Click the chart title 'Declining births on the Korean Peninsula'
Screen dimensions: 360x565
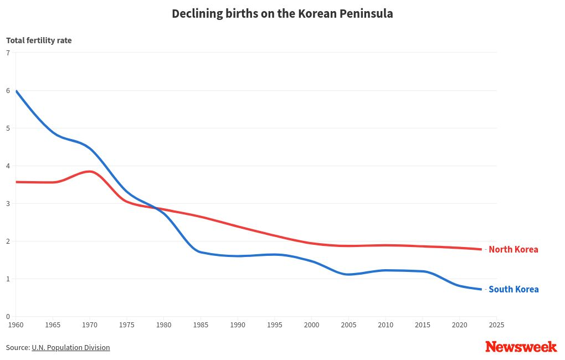pos(282,14)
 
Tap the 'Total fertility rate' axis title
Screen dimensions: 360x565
pos(39,40)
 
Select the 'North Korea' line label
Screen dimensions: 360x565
pos(513,249)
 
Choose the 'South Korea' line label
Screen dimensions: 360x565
pos(513,289)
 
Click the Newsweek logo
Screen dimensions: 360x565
pos(521,347)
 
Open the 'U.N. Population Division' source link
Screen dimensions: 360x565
pos(70,347)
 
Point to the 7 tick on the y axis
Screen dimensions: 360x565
pos(8,53)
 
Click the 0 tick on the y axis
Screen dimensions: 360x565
pos(8,317)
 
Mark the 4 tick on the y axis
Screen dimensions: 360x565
pos(8,166)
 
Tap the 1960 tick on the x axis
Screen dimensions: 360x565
pos(16,325)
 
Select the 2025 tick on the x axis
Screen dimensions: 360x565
pos(496,325)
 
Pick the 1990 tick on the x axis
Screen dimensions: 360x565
pos(238,325)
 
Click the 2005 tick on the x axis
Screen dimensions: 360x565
pos(348,325)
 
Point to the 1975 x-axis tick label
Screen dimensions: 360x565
pos(126,325)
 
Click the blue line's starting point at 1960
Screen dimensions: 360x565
pos(16,91)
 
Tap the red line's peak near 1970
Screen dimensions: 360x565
pos(90,172)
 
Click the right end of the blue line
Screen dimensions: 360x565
pos(481,289)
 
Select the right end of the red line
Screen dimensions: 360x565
pos(481,249)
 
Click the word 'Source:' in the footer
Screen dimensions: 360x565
pos(18,347)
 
